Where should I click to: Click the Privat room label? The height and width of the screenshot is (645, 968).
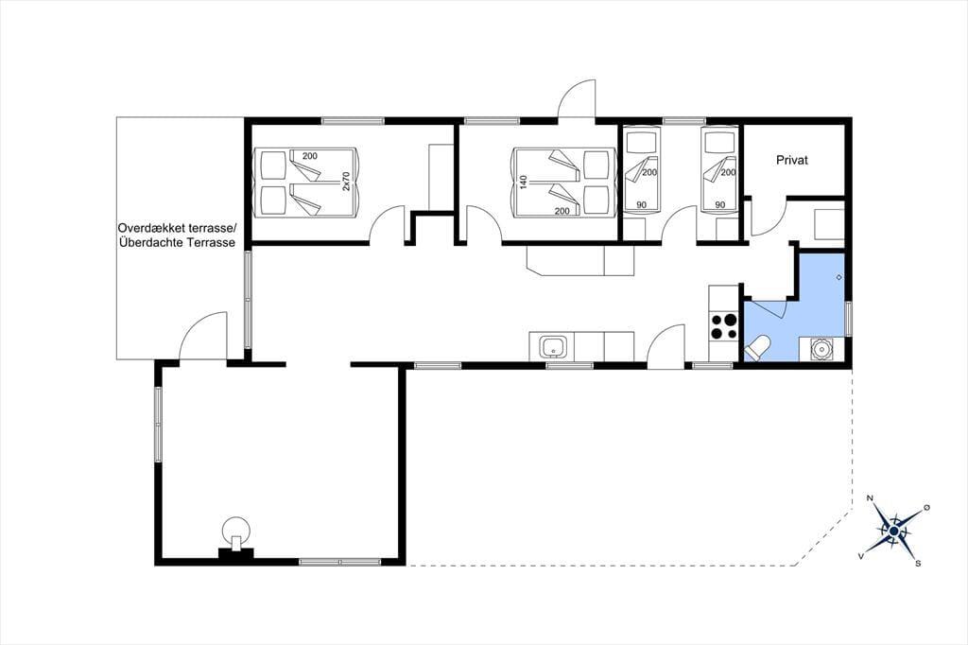click(792, 160)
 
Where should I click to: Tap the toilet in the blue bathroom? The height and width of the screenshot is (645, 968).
click(757, 348)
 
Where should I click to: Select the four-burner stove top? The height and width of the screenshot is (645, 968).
click(723, 326)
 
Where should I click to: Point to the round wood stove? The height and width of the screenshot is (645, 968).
click(236, 531)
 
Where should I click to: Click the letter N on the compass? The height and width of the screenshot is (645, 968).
click(871, 498)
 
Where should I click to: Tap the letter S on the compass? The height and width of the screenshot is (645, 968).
click(918, 563)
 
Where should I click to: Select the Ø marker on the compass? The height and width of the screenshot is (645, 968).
click(926, 507)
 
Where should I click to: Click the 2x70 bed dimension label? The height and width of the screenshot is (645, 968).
click(346, 181)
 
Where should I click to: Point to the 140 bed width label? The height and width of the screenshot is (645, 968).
click(524, 182)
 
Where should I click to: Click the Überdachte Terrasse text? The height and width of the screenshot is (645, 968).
click(176, 243)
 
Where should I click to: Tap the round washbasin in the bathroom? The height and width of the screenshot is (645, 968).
click(821, 349)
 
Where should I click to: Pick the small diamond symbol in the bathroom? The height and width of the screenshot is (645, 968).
click(839, 277)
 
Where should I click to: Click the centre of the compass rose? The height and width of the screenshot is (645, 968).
click(894, 531)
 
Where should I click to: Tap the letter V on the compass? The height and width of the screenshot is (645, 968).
click(860, 556)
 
